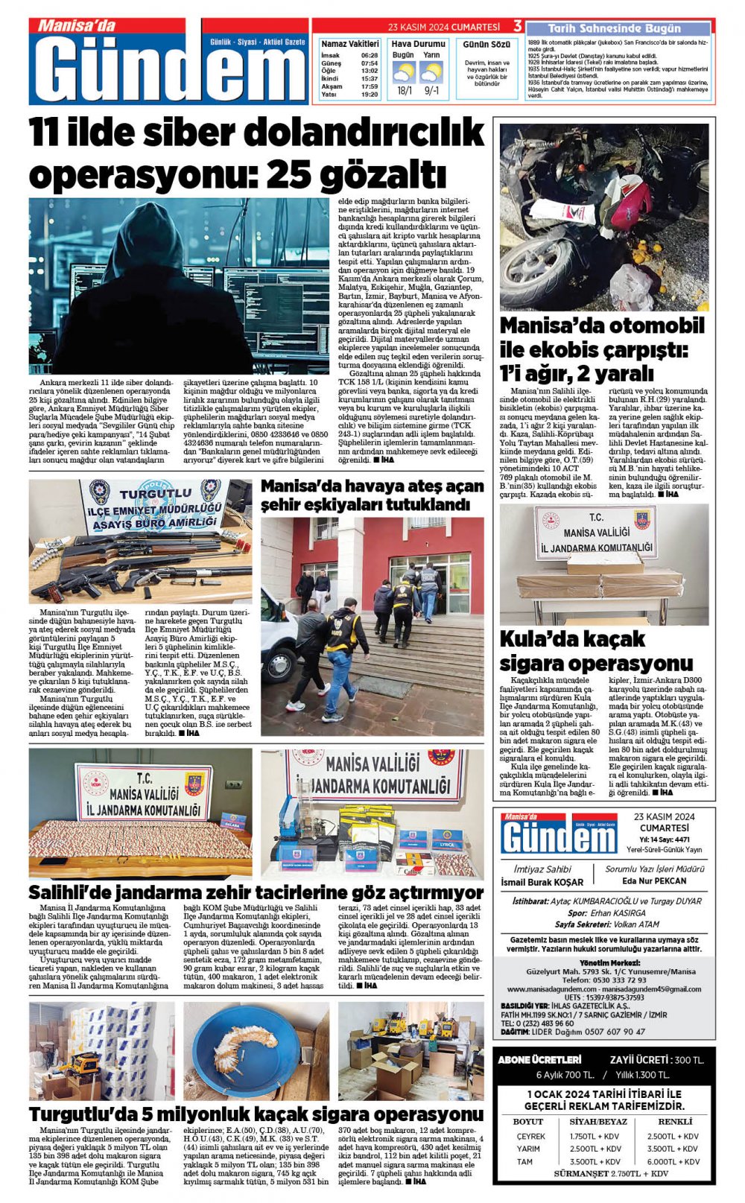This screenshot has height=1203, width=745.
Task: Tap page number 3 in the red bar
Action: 517,27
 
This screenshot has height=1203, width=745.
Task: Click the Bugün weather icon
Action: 404,72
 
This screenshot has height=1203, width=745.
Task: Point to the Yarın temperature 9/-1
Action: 431,91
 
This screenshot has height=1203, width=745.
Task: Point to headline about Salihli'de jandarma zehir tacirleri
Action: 256,892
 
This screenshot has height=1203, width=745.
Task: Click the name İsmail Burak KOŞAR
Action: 542,882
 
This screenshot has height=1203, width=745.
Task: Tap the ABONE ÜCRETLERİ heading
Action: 539,1059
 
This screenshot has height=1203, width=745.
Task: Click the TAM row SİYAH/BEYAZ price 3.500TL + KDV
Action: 595,1161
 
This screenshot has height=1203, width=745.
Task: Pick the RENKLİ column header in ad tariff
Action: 675,1121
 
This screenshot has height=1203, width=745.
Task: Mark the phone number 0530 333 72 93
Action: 605,980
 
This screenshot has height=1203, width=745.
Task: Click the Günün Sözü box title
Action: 486,45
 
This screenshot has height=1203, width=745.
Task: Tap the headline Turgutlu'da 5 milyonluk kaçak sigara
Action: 256,1114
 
